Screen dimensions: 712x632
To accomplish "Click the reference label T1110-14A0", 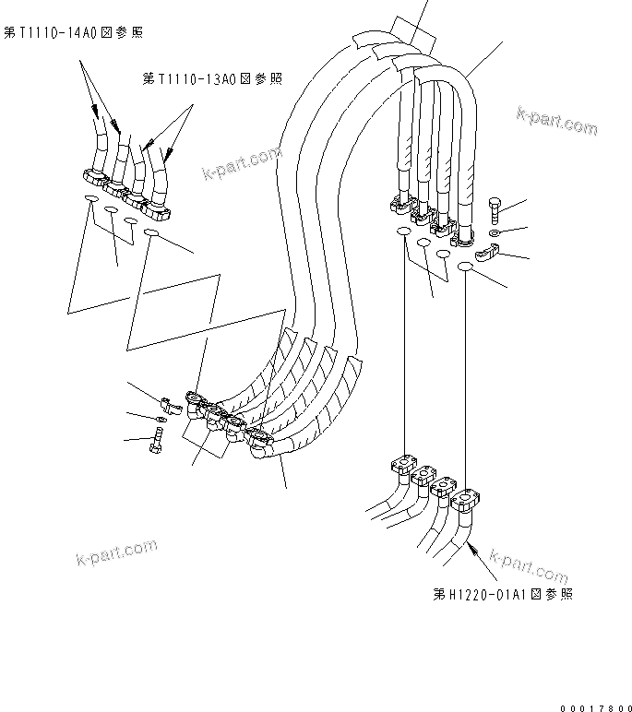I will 73,33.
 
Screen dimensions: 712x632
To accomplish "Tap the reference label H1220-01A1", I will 502,594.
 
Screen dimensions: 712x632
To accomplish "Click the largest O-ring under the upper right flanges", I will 465,267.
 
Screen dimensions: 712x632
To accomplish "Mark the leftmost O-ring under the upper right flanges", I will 403,233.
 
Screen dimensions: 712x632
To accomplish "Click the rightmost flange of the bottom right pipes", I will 465,501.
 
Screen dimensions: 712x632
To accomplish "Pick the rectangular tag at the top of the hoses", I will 410,34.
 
